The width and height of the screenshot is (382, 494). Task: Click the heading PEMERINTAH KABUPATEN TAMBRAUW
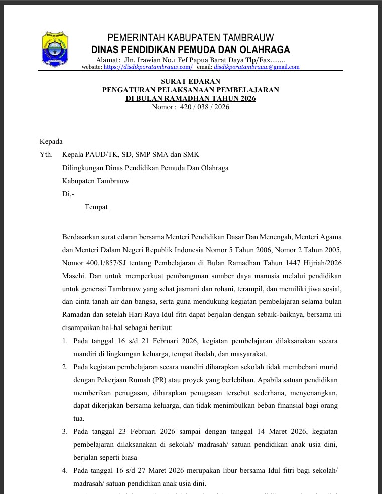coord(190,38)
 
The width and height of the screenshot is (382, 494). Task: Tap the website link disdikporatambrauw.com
coord(148,67)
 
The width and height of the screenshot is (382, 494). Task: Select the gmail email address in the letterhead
coord(257,67)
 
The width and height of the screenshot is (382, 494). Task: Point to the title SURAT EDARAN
coord(190,81)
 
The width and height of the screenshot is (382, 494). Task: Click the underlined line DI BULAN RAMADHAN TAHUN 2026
coord(190,98)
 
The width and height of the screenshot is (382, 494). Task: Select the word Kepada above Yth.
coord(51,141)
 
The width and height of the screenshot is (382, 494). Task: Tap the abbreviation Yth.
coord(46,155)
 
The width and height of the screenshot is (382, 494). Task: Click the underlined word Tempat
coord(96,207)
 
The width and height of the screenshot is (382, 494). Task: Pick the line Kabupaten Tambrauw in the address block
coord(95,181)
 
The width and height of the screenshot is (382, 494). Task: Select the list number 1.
coord(65,341)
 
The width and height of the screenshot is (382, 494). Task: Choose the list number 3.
coord(65,431)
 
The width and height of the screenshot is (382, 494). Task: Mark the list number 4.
coord(65,470)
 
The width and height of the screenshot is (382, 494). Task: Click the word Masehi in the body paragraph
coord(74,276)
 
